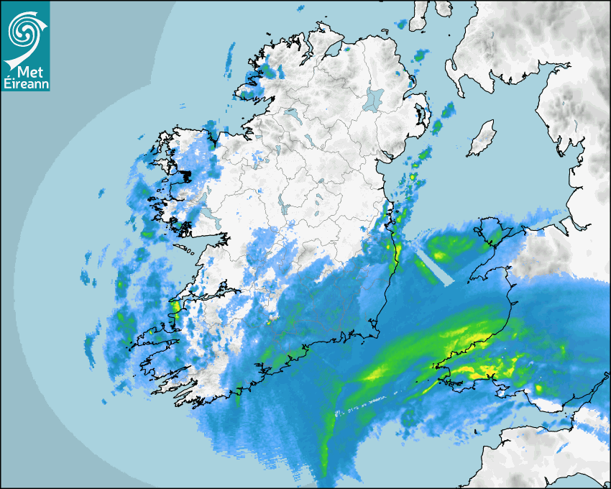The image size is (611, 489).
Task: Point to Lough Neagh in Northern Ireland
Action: point(374,98)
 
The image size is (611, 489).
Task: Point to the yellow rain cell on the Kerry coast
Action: point(174,307)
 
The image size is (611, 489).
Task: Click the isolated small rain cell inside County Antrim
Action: point(397,73)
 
